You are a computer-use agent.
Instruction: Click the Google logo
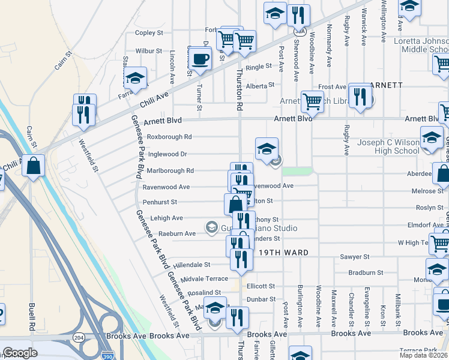pyautogui.click(x=20, y=353)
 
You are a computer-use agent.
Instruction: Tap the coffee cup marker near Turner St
pyautogui.click(x=200, y=58)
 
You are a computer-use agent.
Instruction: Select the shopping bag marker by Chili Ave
pyautogui.click(x=34, y=166)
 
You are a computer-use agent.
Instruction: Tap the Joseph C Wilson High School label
pyautogui.click(x=388, y=146)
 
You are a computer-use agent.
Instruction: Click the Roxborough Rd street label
pyautogui.click(x=169, y=137)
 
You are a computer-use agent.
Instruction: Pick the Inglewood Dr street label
pyautogui.click(x=167, y=154)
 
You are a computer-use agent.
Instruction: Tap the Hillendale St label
pyautogui.click(x=191, y=264)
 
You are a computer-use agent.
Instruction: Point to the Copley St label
pyautogui.click(x=149, y=33)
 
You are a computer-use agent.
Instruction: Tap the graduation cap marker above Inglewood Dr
pyautogui.click(x=267, y=149)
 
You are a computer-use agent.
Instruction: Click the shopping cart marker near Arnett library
pyautogui.click(x=312, y=102)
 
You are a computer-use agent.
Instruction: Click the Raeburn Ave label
pyautogui.click(x=177, y=233)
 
